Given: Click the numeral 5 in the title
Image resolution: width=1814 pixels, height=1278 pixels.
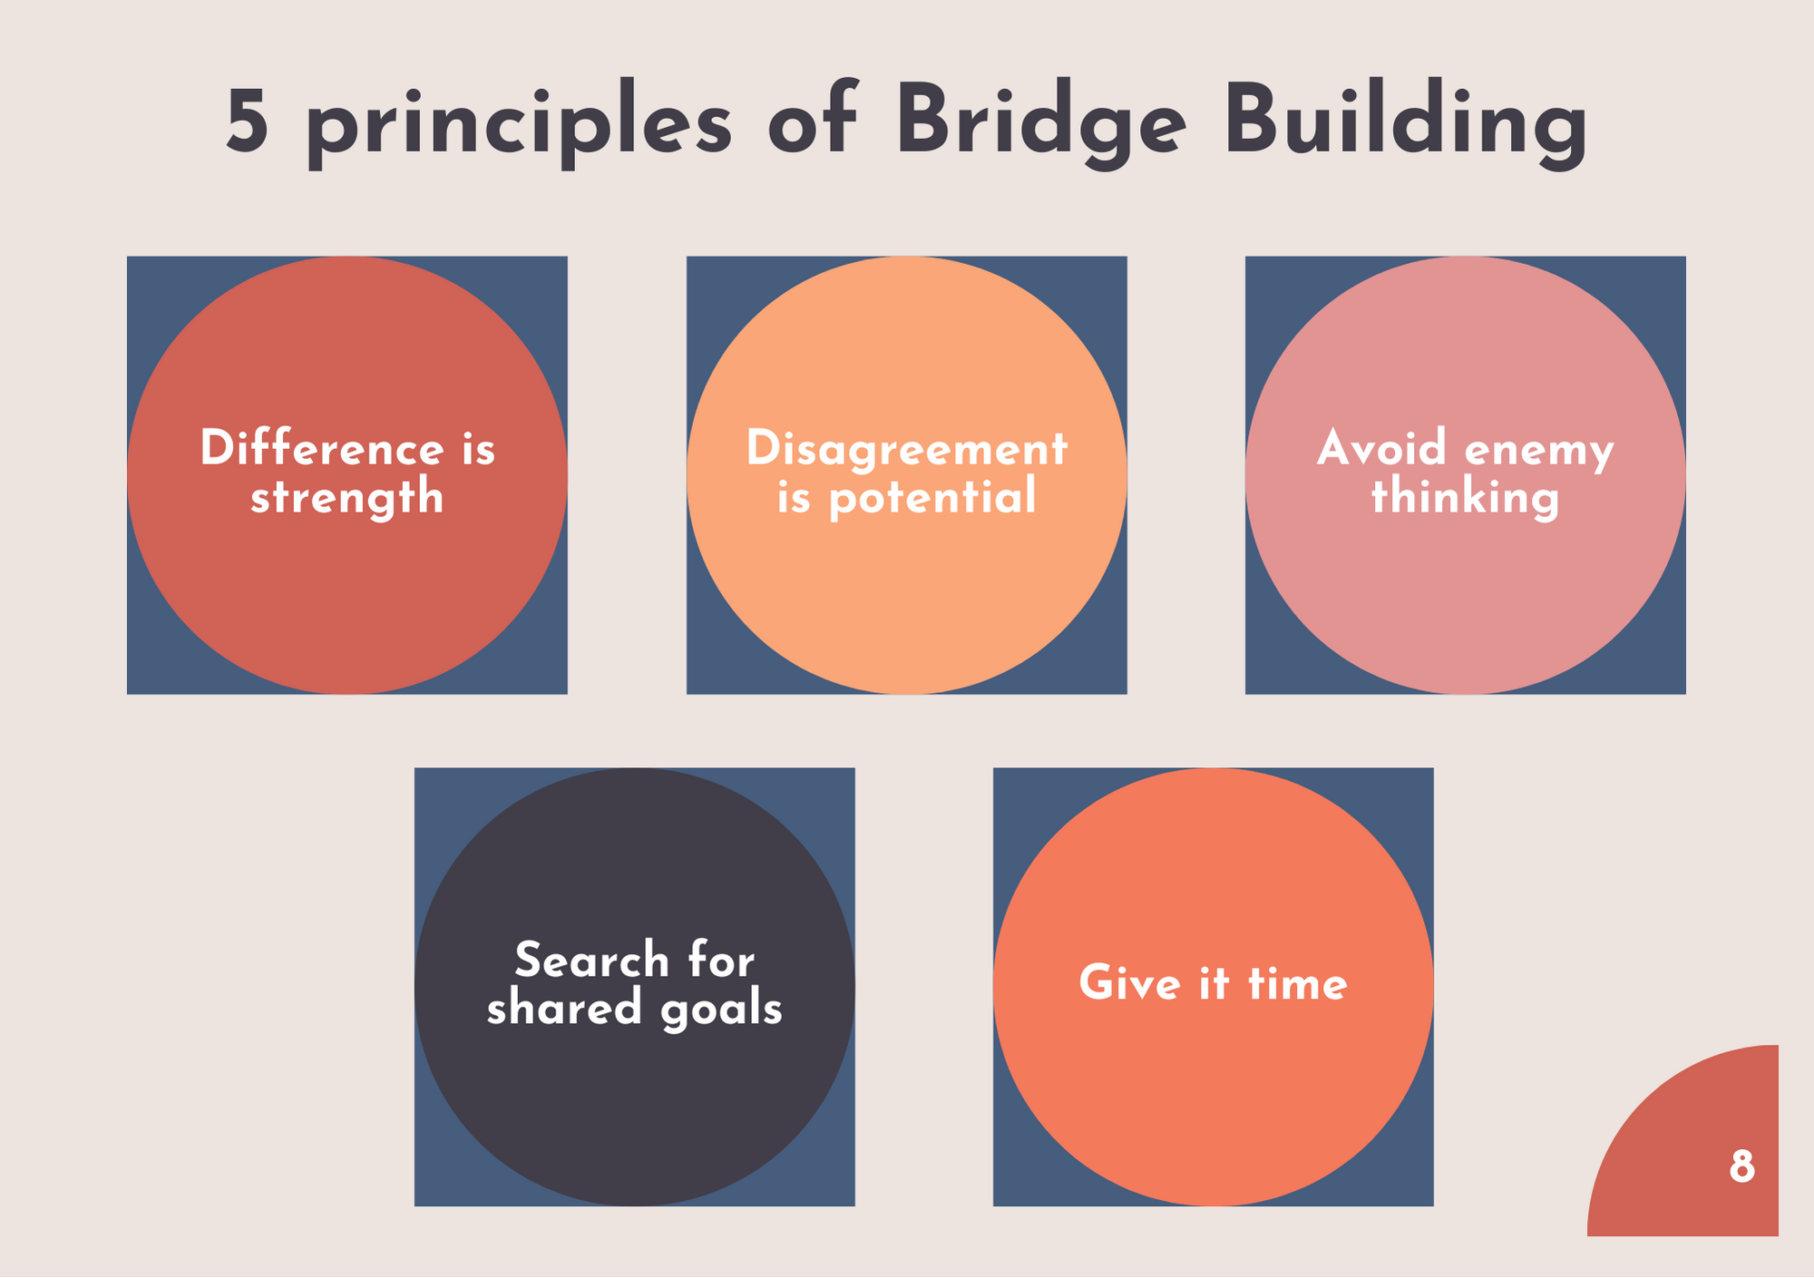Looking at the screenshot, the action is [247, 122].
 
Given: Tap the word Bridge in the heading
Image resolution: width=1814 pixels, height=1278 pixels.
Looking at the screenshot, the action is [1040, 124].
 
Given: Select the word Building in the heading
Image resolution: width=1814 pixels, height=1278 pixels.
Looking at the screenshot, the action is [1405, 124].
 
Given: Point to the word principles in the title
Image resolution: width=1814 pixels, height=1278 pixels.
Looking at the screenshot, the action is [518, 128].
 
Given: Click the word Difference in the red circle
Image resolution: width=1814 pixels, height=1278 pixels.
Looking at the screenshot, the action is [322, 448].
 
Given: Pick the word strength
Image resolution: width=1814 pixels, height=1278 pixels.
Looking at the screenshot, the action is [346, 498].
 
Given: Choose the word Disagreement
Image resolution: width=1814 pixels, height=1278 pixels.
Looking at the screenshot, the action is [906, 448].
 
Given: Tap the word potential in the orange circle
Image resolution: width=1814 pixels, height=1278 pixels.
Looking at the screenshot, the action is [932, 498].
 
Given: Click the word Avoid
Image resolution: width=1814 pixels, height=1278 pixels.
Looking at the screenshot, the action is [1381, 448].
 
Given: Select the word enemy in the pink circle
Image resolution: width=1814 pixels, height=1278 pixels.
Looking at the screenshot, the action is [1539, 452].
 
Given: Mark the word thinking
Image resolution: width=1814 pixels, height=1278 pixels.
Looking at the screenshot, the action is [1465, 498].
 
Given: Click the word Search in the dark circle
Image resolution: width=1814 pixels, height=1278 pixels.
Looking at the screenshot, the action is [591, 960].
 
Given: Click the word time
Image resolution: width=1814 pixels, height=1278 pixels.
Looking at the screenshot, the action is [1298, 983].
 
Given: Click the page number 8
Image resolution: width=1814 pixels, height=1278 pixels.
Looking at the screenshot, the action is [1741, 1166].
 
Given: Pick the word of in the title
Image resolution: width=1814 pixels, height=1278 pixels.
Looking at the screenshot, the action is [814, 122].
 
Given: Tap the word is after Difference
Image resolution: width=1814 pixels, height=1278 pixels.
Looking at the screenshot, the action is [479, 448].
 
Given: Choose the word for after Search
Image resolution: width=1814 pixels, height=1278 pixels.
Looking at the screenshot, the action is [721, 960].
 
